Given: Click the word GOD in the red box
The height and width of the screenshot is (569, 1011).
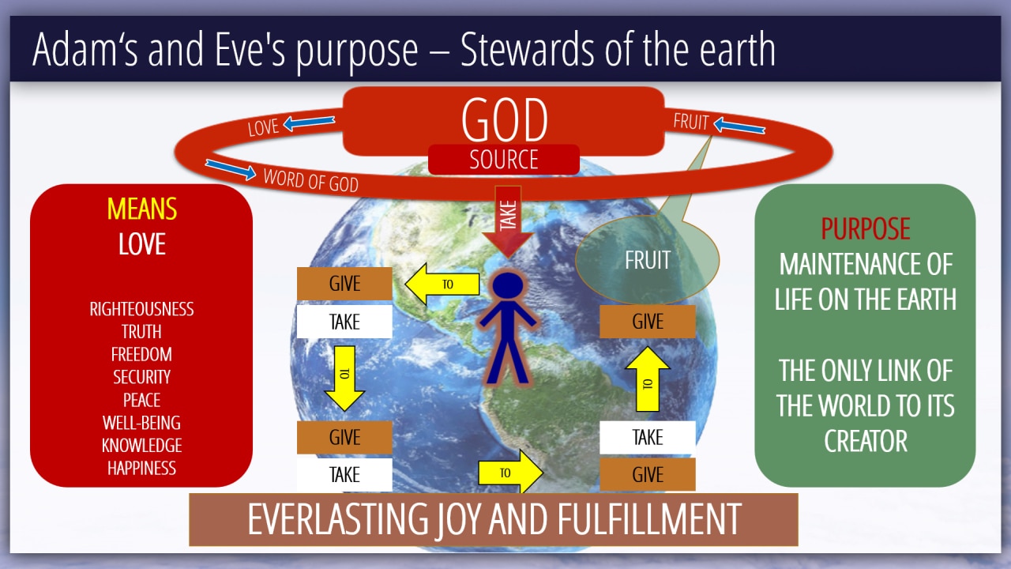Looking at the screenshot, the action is point(504,119).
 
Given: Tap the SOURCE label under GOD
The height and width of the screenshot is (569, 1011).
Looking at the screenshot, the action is point(504,160).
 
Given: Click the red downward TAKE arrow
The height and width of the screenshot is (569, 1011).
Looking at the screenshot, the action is point(508,221).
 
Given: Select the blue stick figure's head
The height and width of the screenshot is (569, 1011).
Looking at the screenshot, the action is point(508,285).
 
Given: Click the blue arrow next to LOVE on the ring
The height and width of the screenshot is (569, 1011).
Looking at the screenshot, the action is point(309,122).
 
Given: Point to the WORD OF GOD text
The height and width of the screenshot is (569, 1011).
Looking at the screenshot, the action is point(311,181).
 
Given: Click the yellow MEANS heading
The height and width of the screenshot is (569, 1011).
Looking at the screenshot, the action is point(141,209).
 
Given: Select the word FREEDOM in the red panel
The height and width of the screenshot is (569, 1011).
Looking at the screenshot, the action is point(141,355).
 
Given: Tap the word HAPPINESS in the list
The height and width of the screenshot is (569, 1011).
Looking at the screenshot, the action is point(141,469).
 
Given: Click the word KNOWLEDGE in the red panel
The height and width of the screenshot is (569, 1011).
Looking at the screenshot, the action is point(141,446).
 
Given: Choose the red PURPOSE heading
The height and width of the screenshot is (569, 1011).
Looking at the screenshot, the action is point(865,228).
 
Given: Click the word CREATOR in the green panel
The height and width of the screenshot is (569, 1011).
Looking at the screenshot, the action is point(865,441).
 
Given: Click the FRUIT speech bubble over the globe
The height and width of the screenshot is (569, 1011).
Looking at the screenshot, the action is point(647,260).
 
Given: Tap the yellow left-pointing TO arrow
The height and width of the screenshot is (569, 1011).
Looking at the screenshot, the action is point(442,284).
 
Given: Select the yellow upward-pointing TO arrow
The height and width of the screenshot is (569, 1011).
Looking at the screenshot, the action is point(648,379).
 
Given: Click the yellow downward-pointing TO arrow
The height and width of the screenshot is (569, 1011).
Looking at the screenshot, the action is point(344,379).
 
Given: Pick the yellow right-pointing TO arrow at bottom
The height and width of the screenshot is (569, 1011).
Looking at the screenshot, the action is point(510,473).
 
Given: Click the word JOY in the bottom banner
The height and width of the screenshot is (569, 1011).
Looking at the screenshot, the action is point(458,520).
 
